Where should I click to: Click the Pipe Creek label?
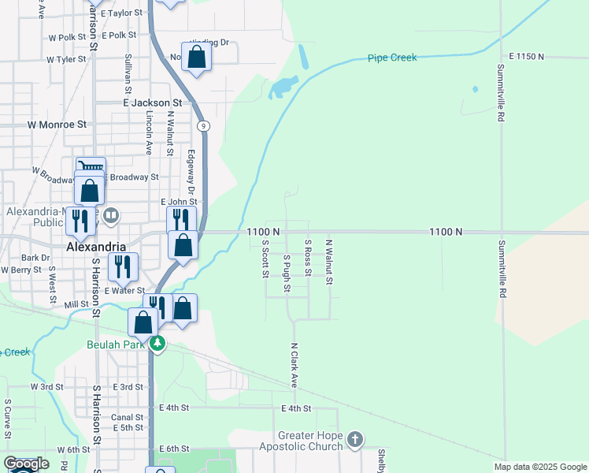[x=392, y=58]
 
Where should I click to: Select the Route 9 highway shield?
[x=203, y=126]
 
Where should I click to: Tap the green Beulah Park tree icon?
[x=158, y=344]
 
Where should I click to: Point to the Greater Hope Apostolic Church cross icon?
[x=355, y=440]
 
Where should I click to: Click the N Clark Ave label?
[x=294, y=364]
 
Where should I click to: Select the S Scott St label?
[x=265, y=259]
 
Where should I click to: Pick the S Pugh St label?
[x=287, y=273]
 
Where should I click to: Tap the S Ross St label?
[x=308, y=259]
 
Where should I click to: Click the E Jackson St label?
[x=152, y=102]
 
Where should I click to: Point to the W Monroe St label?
[x=57, y=125]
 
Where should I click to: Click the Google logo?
[x=26, y=464]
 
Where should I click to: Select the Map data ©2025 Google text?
[x=539, y=467]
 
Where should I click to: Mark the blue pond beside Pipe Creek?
[x=283, y=88]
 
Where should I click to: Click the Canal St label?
[x=128, y=417]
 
